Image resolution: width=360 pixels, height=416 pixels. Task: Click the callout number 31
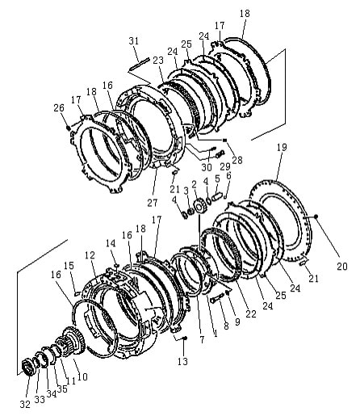click(x=134, y=41)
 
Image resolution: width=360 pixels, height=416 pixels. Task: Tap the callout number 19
click(x=282, y=147)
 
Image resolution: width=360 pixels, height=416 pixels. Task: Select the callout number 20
click(x=342, y=266)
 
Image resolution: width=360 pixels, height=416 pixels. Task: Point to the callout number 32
click(x=25, y=404)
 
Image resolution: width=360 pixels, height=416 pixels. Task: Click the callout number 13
click(x=182, y=361)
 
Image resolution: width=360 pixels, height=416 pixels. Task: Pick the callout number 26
click(x=59, y=107)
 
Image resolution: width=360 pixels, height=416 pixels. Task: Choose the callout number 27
click(x=153, y=203)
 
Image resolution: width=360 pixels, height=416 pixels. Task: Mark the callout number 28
click(x=237, y=160)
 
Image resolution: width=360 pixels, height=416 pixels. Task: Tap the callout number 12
click(x=90, y=255)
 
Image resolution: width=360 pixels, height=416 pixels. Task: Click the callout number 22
click(x=251, y=313)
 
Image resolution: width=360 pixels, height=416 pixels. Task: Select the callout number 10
click(x=82, y=376)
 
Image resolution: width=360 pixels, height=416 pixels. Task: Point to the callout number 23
click(x=158, y=60)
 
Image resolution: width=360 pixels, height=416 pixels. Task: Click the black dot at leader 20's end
click(x=316, y=216)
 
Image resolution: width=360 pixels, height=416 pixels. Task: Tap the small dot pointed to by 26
click(x=69, y=128)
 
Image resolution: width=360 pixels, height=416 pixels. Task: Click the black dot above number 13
click(x=185, y=338)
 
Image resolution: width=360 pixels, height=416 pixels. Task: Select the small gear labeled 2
click(x=199, y=208)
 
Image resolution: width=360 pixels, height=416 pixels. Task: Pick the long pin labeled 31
click(x=140, y=65)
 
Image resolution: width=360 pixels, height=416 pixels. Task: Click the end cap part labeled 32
click(x=27, y=367)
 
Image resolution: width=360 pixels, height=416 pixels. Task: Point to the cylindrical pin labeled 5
click(x=217, y=196)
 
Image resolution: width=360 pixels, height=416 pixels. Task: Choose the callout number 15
click(x=69, y=266)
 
